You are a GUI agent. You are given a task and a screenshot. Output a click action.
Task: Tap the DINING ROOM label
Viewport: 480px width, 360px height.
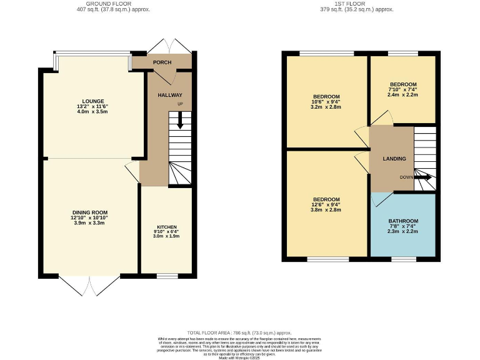point(91,212)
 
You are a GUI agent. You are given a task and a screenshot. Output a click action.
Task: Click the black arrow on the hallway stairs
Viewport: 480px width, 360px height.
point(179,119)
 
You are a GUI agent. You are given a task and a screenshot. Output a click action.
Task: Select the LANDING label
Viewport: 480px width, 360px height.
point(394,159)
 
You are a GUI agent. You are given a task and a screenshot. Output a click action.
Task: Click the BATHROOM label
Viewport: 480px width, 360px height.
point(403,221)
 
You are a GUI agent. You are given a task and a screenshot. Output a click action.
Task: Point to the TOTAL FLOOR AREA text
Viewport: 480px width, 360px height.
point(239,333)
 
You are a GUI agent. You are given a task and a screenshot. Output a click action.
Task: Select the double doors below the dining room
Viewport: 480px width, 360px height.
point(90,286)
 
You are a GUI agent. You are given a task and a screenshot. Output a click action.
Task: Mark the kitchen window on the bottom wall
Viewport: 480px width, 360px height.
point(166,275)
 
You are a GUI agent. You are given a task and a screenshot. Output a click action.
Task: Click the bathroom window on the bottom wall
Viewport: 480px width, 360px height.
point(401,257)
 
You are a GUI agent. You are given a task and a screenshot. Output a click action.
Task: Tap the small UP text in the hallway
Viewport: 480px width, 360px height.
point(181,104)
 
